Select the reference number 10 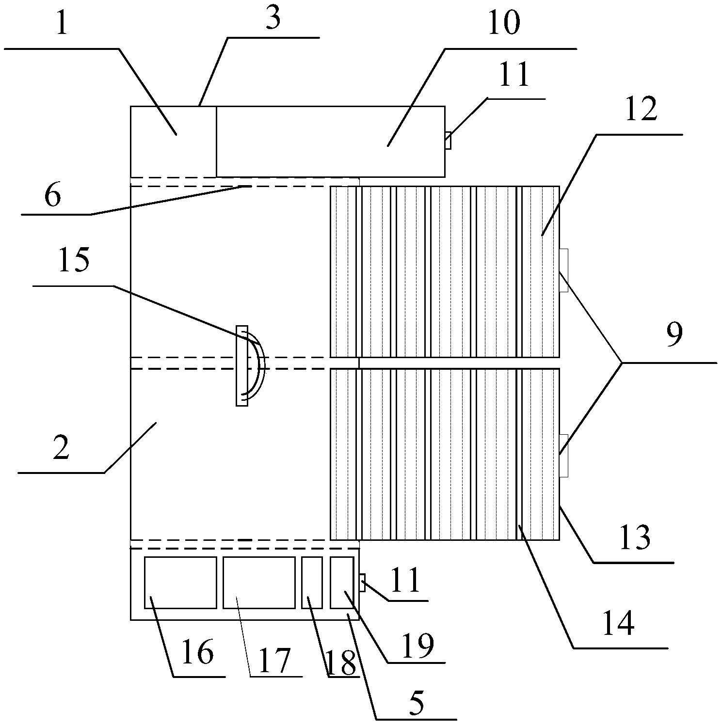tap(504, 23)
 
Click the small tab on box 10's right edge tap(448, 140)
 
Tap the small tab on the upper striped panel tap(563, 270)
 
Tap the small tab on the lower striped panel tap(563, 456)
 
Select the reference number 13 tap(635, 537)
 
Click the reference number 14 tap(618, 623)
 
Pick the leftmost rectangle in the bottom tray tap(180, 582)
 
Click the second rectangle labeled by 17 tap(259, 582)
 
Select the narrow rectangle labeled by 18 tap(312, 582)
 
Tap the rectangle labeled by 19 tap(342, 582)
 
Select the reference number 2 tap(61, 448)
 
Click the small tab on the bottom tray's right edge tap(362, 582)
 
